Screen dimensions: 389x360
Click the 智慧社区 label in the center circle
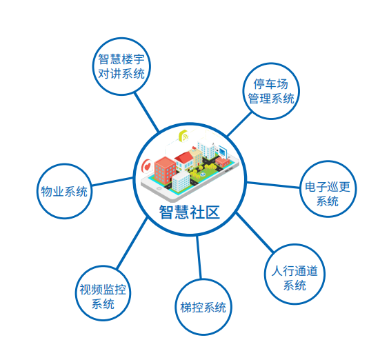(x=190, y=212)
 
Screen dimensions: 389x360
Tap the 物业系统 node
(x=64, y=191)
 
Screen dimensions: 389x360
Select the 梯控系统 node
(x=203, y=307)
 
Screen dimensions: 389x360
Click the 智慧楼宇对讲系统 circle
(x=121, y=66)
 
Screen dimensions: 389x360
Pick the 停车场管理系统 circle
(x=271, y=91)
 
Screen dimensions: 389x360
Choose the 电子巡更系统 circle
(x=328, y=189)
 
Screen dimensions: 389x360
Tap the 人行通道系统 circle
(x=295, y=274)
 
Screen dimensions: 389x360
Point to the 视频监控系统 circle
(x=103, y=293)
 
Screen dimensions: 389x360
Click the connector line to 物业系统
(x=112, y=181)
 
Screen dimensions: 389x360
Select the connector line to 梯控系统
(x=199, y=257)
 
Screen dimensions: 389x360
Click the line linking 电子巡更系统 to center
(x=273, y=185)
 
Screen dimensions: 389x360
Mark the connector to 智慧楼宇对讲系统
(x=146, y=112)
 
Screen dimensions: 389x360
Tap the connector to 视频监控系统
(x=132, y=243)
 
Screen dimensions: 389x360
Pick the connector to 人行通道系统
(x=255, y=232)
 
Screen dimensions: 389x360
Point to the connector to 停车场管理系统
(x=239, y=124)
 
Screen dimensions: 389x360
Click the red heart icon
(x=147, y=166)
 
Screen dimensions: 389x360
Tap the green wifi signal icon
(x=183, y=136)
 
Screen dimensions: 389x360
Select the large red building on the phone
(x=165, y=170)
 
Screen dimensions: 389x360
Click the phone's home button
(x=159, y=189)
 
